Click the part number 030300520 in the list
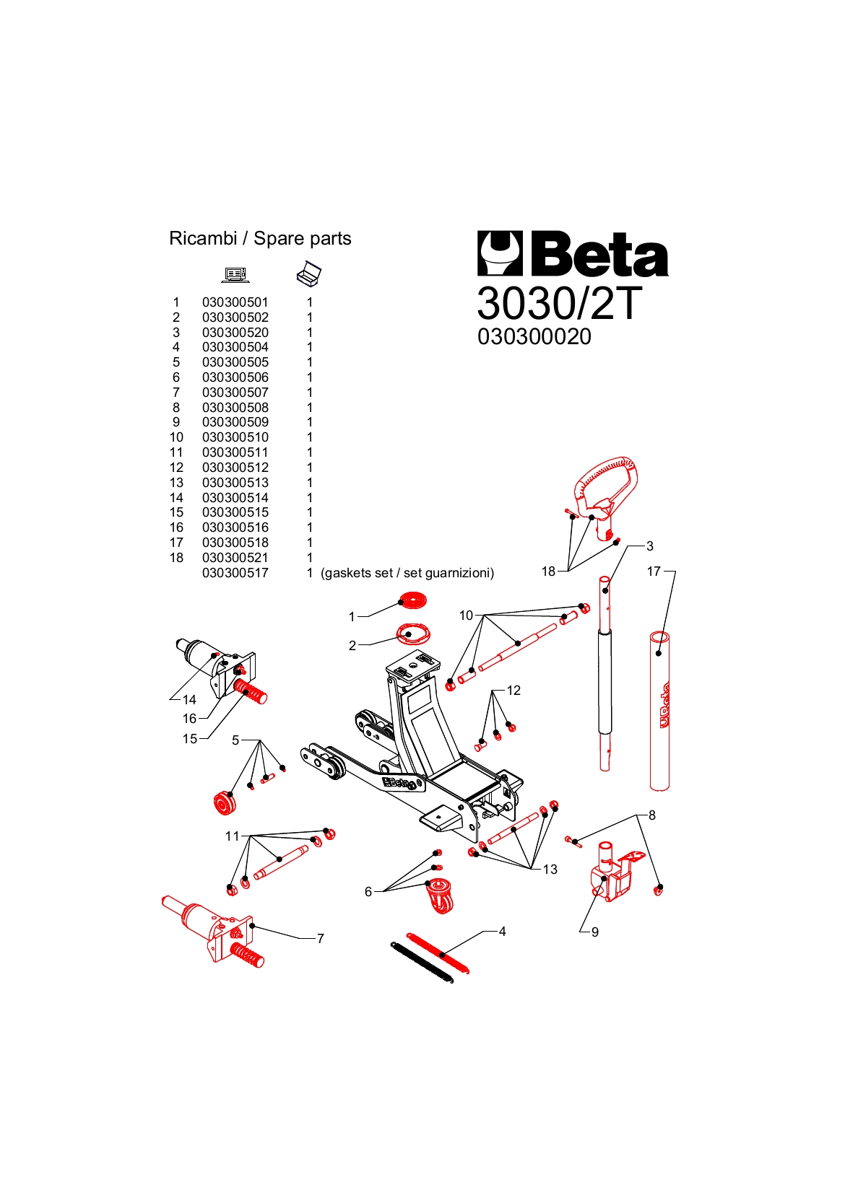[x=235, y=333]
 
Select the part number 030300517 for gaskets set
[x=235, y=573]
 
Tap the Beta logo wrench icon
[x=500, y=253]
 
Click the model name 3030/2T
[x=559, y=304]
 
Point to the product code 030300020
[x=534, y=336]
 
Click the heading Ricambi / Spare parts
[x=260, y=238]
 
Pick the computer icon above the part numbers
[x=235, y=274]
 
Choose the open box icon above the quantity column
[x=309, y=273]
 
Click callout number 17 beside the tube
[x=654, y=572]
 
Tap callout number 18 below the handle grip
[x=549, y=572]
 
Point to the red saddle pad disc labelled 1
[x=412, y=600]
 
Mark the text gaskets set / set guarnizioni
[x=407, y=573]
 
